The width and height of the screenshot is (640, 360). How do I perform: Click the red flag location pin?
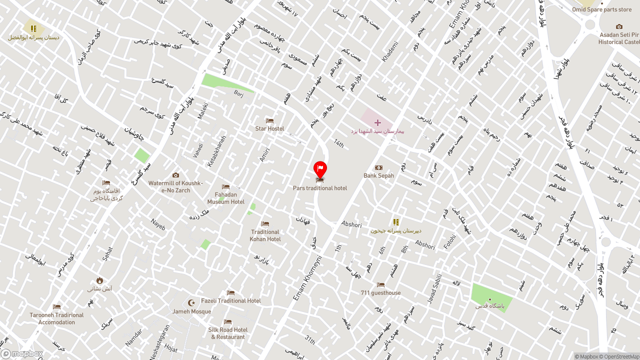pos(320,169)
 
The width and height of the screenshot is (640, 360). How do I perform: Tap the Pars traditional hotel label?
pos(320,188)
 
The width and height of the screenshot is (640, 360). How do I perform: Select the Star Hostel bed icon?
pos(269,121)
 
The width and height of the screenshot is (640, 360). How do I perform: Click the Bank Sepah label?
pos(378,175)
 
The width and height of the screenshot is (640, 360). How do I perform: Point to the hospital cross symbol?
pos(377,122)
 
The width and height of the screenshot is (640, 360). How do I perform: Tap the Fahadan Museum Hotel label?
pos(226,198)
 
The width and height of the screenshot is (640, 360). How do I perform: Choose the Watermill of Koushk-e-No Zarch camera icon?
pos(175,175)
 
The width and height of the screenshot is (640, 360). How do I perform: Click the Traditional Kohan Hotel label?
pos(265,235)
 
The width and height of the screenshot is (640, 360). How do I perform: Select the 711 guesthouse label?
pos(380,293)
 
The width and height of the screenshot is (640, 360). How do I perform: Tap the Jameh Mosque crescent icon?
pos(191,303)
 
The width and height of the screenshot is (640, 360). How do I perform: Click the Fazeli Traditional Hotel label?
pos(231,300)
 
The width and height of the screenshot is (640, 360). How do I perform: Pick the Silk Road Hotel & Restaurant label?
pos(228,333)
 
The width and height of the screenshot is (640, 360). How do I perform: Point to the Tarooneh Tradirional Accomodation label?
pos(56,318)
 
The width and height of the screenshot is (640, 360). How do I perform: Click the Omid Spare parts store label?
pos(602,9)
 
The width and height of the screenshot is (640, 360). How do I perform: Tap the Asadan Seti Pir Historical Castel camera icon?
pos(619,27)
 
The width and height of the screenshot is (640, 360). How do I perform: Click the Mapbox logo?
pos(22,353)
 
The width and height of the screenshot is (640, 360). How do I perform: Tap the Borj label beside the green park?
pos(238,92)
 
